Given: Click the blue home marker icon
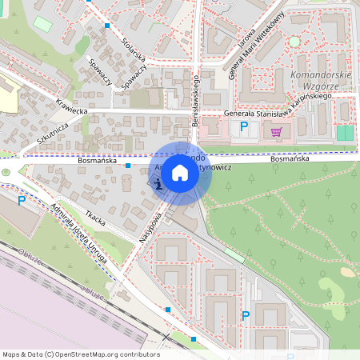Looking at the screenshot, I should (180, 172).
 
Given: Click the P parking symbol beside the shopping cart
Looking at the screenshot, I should (244, 126).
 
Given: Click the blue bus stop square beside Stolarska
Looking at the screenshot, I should (106, 26).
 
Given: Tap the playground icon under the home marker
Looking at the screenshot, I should (158, 185).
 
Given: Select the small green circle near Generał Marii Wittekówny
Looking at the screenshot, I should (294, 41).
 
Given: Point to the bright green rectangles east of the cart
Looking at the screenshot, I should (345, 133).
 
